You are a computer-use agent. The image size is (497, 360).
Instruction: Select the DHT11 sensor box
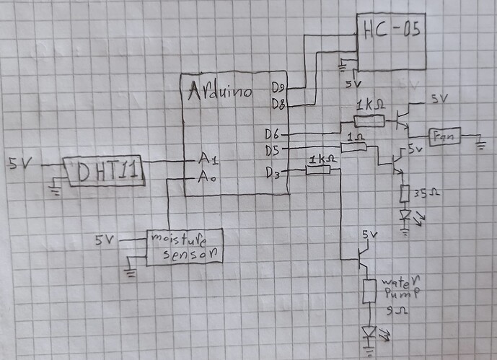pos(105,172)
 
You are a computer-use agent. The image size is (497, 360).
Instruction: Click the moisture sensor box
pos(184,247)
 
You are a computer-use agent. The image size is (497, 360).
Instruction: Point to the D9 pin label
pos(278,88)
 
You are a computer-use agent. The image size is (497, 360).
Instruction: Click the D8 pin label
pos(278,104)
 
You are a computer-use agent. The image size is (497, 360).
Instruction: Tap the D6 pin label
pos(273,134)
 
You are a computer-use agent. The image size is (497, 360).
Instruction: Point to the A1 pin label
pos(206,159)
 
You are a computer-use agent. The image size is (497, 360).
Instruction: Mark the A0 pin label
pos(206,177)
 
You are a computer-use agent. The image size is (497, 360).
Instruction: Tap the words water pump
pos(399,286)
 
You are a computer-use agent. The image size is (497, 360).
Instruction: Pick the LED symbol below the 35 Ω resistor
pos(405,216)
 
